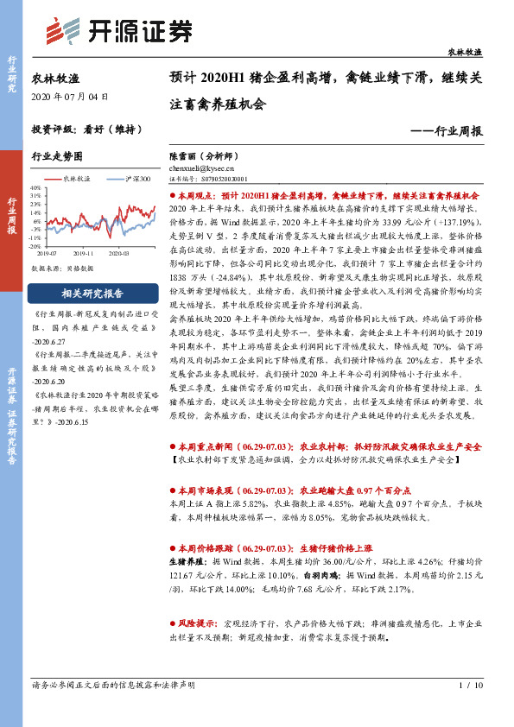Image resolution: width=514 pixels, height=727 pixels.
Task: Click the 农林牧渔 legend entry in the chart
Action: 74,178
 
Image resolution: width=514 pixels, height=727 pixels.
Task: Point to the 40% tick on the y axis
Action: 35,186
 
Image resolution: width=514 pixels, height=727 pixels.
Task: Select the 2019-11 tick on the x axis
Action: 84,253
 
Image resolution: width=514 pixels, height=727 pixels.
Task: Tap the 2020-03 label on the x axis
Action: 119,253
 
